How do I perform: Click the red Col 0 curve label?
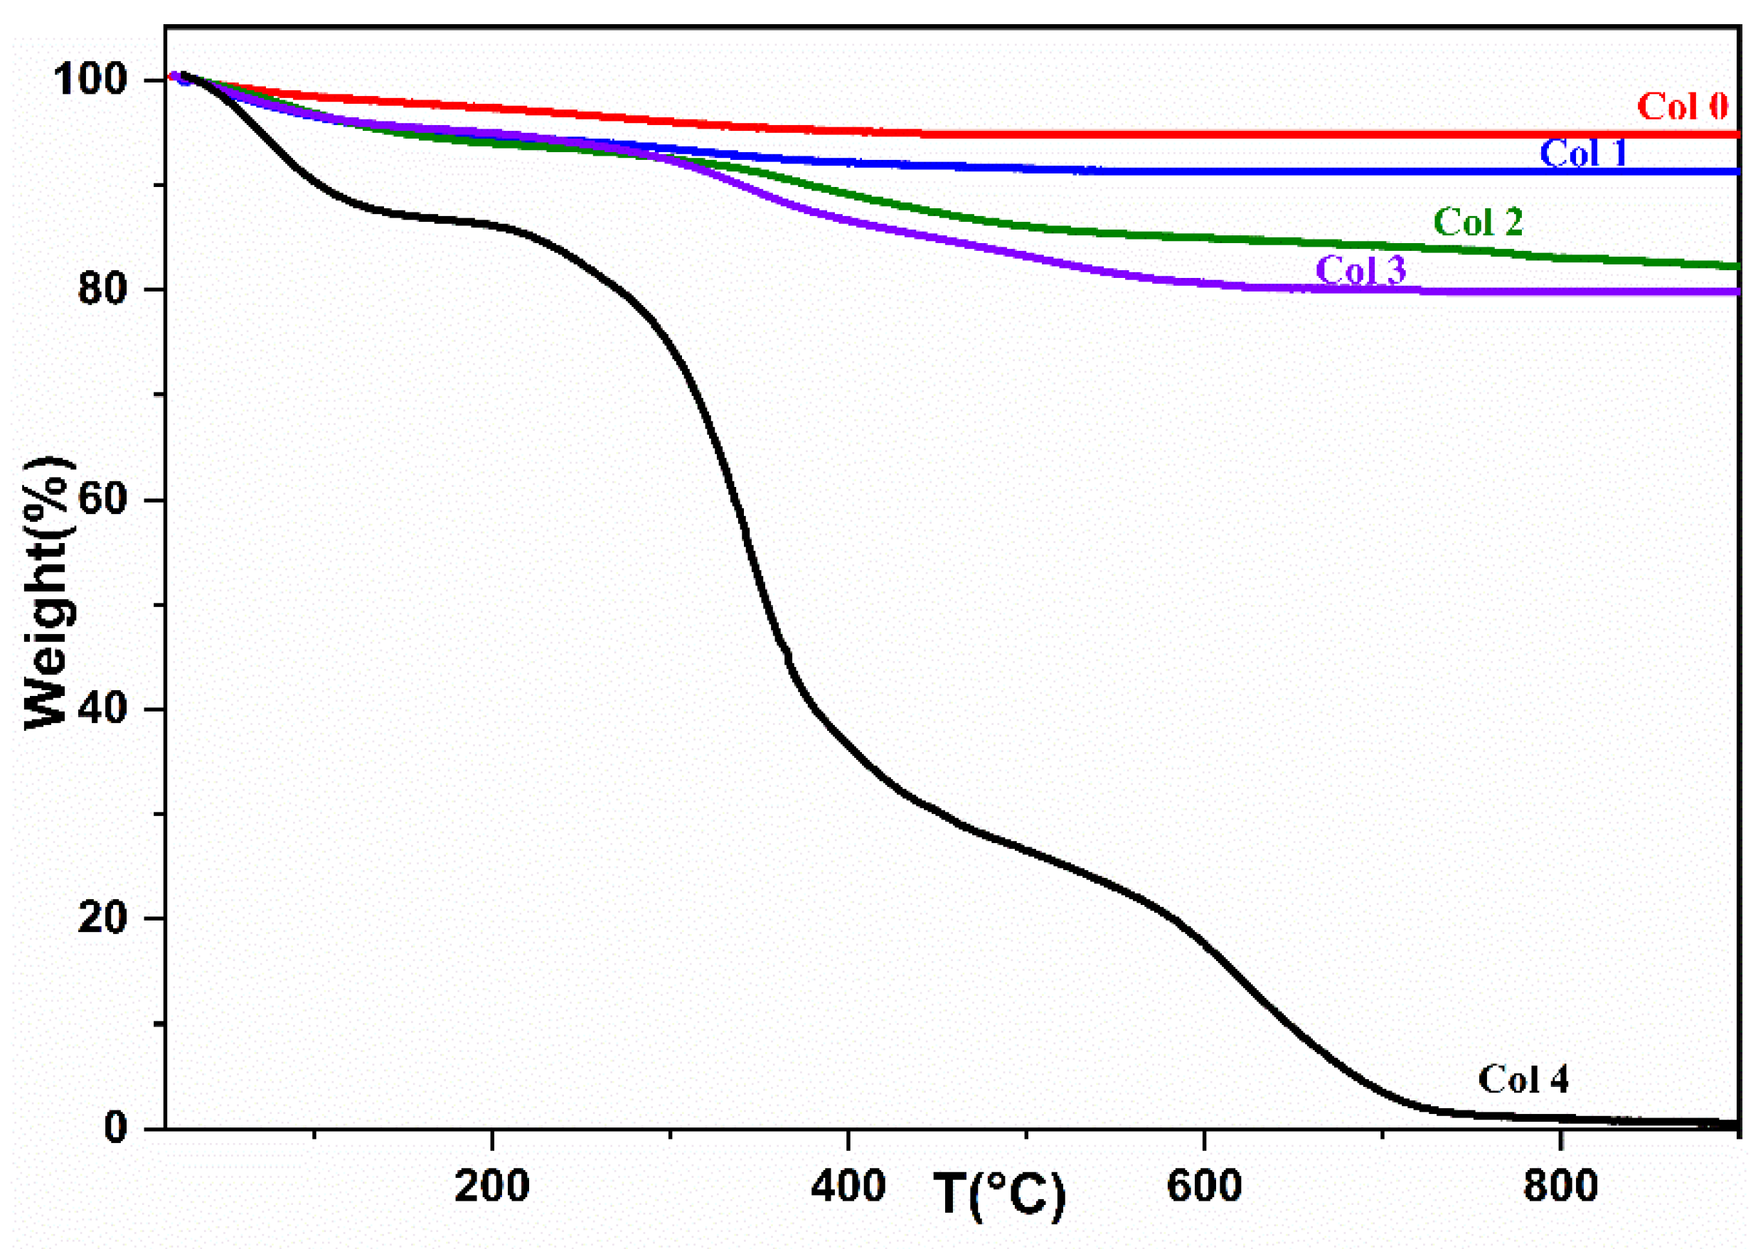tap(1682, 106)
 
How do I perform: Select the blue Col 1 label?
tap(1583, 153)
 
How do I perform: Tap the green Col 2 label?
tap(1478, 223)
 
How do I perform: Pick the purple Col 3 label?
tap(1360, 269)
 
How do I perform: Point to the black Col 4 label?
tap(1523, 1080)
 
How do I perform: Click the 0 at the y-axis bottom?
tap(115, 1128)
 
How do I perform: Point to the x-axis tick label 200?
tap(491, 1186)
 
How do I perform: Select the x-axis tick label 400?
tap(848, 1186)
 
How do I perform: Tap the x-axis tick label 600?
tap(1204, 1186)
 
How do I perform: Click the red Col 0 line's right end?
tap(1735, 134)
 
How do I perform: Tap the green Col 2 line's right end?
tap(1735, 266)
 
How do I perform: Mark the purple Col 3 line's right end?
tap(1735, 291)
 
